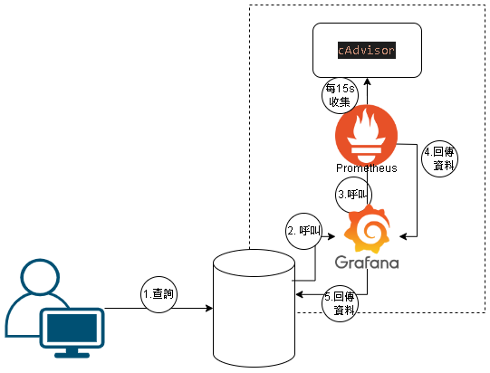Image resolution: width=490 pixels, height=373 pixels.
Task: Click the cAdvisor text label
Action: [367, 51]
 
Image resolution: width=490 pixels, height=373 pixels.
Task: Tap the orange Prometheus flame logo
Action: [366, 136]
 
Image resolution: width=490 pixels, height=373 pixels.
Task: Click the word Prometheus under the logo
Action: [367, 168]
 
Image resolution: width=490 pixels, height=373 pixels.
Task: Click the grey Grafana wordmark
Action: [367, 263]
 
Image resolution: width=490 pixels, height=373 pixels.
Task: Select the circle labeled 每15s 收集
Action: [340, 95]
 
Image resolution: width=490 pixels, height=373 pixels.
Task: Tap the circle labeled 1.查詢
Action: [159, 294]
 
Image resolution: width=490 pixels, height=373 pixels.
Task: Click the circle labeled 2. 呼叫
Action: [303, 231]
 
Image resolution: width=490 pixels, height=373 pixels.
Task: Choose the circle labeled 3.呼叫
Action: [354, 195]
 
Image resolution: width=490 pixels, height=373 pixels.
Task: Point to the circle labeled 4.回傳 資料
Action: [439, 158]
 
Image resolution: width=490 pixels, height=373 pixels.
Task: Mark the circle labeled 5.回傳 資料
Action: [340, 303]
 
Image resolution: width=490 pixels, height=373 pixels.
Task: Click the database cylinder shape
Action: [255, 309]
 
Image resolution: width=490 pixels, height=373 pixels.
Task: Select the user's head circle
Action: [40, 277]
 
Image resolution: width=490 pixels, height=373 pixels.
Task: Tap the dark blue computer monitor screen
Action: [72, 328]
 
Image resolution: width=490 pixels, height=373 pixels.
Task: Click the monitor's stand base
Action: [72, 355]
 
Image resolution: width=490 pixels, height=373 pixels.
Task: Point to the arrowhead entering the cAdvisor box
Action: [367, 81]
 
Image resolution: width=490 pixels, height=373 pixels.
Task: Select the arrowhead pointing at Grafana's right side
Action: [403, 236]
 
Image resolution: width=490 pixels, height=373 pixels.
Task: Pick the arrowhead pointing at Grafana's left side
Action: [331, 236]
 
